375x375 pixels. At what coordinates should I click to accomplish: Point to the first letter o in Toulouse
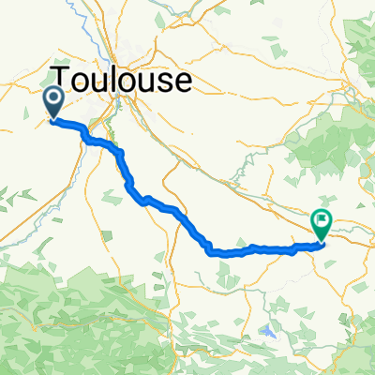pyautogui.click(x=82, y=82)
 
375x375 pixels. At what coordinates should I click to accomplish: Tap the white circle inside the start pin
pyautogui.click(x=52, y=97)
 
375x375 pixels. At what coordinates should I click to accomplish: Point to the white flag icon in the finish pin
pyautogui.click(x=322, y=222)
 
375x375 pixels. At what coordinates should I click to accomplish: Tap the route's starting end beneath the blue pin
pyautogui.click(x=53, y=119)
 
